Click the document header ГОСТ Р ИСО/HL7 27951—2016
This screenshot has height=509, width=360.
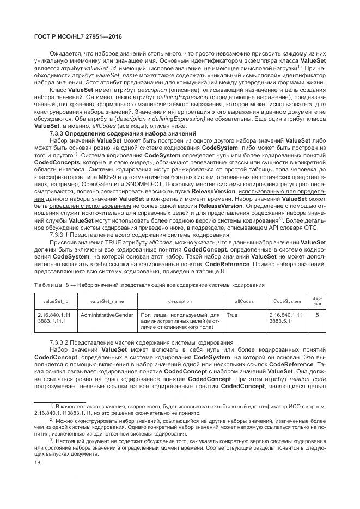click(76, 36)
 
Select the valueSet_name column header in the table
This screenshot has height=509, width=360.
click(107, 301)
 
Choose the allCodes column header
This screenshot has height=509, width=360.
click(243, 301)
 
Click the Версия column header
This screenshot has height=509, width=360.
click(316, 301)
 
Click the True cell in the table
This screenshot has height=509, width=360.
click(232, 315)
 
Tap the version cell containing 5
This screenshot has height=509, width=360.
click(317, 315)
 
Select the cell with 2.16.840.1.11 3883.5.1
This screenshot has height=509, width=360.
click(285, 318)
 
